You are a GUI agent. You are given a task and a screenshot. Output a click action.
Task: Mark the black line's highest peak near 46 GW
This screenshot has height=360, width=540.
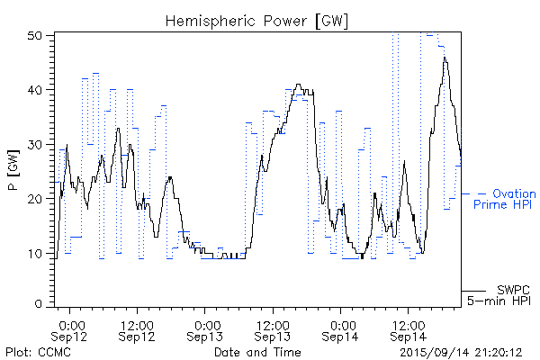point(444,58)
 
